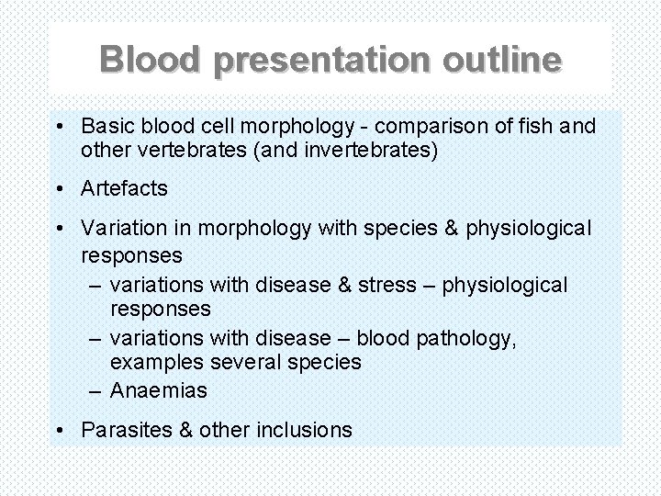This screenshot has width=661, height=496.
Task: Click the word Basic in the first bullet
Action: coord(106,125)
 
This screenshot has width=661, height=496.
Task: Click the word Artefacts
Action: coord(124,189)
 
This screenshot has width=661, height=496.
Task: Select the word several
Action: coord(241,363)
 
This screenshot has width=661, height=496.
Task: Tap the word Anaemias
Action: coord(159,390)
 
